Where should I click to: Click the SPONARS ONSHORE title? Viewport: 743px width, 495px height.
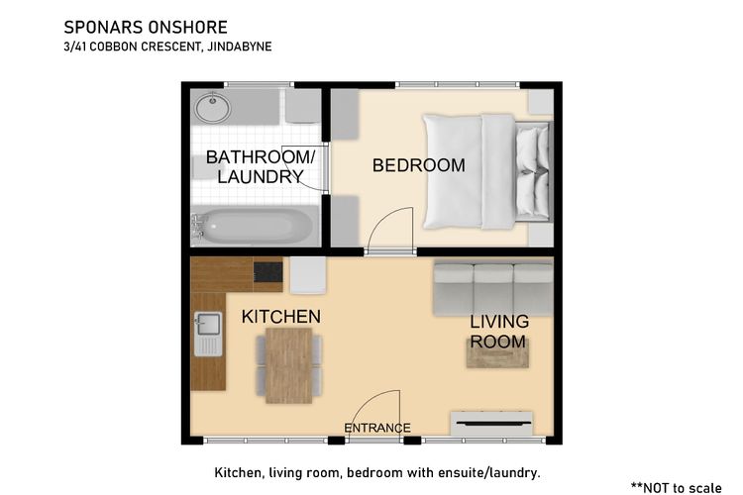[146, 28]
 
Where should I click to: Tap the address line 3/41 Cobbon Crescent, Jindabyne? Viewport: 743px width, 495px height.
[167, 47]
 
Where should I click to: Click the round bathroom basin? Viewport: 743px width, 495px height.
[213, 108]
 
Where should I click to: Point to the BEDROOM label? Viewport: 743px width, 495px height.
[418, 165]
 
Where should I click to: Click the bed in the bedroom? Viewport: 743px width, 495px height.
[487, 171]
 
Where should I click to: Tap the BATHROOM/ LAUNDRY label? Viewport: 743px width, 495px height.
[261, 166]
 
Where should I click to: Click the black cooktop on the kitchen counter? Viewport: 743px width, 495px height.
[267, 272]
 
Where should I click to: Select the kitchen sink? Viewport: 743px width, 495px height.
[208, 334]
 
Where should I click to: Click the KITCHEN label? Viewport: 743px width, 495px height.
[281, 317]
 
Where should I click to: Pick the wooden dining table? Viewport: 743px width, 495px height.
[288, 365]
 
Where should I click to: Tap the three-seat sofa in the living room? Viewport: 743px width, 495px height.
[493, 289]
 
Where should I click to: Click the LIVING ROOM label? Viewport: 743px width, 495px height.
[499, 331]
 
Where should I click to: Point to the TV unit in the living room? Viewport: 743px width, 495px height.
[491, 423]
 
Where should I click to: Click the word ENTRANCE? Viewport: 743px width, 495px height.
[377, 429]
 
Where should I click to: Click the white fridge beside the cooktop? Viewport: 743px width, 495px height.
[307, 275]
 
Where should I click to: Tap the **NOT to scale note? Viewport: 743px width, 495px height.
[677, 487]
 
